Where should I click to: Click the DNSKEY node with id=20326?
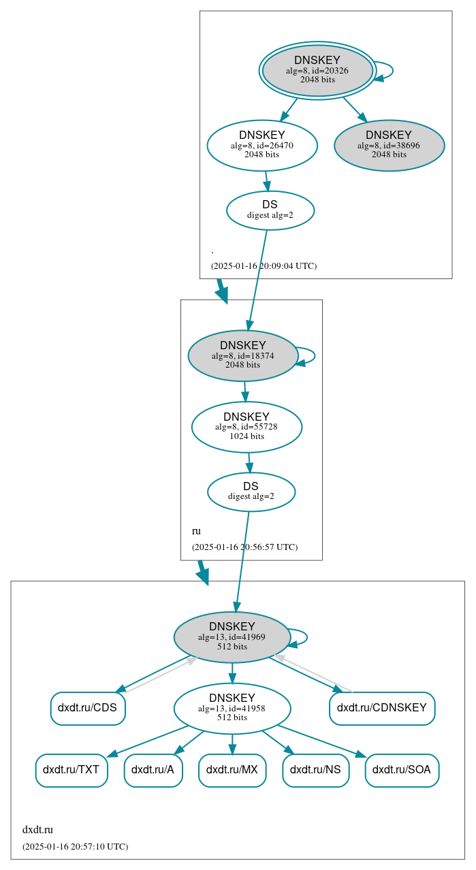click(317, 70)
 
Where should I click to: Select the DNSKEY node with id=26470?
click(262, 145)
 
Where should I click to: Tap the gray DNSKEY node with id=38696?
click(389, 145)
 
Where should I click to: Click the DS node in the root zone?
click(270, 210)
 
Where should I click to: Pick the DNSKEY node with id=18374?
click(242, 355)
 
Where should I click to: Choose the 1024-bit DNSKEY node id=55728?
click(247, 427)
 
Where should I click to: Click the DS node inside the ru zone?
click(251, 492)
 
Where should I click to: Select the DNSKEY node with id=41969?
click(232, 637)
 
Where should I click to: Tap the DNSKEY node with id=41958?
click(232, 708)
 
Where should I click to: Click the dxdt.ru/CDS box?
click(87, 708)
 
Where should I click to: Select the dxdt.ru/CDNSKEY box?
click(381, 708)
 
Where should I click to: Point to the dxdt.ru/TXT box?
click(72, 770)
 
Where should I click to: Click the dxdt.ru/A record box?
click(153, 770)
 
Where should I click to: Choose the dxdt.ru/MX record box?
click(232, 770)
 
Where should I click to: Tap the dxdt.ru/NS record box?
click(315, 770)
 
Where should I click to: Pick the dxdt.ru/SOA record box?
click(402, 770)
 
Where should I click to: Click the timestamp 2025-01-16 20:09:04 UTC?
click(264, 266)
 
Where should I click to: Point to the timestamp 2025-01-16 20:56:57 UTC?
click(244, 547)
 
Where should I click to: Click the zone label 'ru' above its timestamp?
click(196, 531)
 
